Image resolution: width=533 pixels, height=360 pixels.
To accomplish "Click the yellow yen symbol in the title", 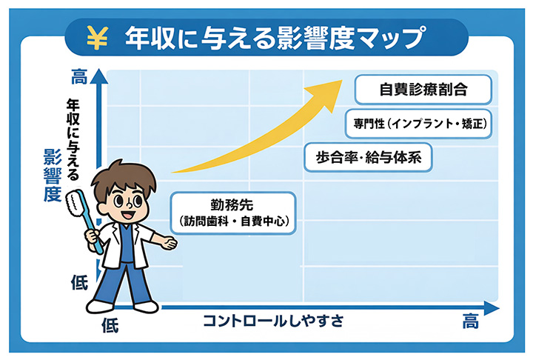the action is point(98,38).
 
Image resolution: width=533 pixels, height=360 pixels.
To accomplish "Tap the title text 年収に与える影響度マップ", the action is point(275,38).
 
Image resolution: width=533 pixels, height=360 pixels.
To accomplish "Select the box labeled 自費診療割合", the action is point(423,89).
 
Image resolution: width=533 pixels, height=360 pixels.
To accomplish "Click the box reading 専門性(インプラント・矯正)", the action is point(418,124).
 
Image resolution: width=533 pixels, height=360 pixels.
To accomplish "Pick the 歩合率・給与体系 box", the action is point(368,158).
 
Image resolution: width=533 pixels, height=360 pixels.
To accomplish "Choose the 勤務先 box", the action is point(233,213).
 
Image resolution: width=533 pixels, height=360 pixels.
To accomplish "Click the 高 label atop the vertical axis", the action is point(79,76).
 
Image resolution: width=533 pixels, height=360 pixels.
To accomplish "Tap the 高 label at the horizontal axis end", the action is point(471,321).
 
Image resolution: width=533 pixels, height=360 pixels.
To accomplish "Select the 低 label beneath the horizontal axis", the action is point(110,325).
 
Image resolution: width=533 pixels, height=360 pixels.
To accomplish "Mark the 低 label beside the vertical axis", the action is point(79,282).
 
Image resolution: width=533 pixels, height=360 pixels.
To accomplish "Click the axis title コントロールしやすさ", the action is point(273,321).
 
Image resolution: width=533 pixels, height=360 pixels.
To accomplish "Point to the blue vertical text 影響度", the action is point(53,176).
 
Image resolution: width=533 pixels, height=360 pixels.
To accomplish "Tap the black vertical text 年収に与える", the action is point(73,139).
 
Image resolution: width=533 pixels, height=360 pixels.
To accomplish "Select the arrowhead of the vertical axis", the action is point(99,76).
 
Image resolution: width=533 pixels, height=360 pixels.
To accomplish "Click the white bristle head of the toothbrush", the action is point(74,204).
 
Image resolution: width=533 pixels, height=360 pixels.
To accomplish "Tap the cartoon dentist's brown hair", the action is point(125,176).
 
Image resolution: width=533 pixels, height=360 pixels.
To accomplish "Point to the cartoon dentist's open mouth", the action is point(129,215).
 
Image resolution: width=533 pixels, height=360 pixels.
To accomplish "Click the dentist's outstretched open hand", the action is point(169,243).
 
